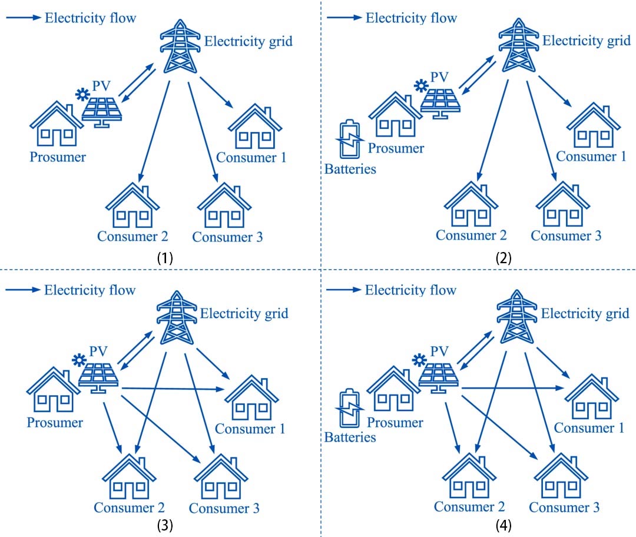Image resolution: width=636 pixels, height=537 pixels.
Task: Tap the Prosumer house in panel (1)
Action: pyautogui.click(x=57, y=124)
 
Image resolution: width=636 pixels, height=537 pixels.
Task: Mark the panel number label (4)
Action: pyautogui.click(x=504, y=525)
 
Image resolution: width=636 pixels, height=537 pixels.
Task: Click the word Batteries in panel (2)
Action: pyautogui.click(x=350, y=170)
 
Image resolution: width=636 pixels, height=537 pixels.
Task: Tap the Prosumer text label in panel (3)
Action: pyautogui.click(x=55, y=422)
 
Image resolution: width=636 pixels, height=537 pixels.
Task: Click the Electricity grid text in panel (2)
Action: pyautogui.click(x=585, y=41)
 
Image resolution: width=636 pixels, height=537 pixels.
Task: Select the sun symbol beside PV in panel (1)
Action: pyautogui.click(x=82, y=94)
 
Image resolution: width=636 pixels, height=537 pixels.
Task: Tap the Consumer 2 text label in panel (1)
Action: pyautogui.click(x=133, y=237)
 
